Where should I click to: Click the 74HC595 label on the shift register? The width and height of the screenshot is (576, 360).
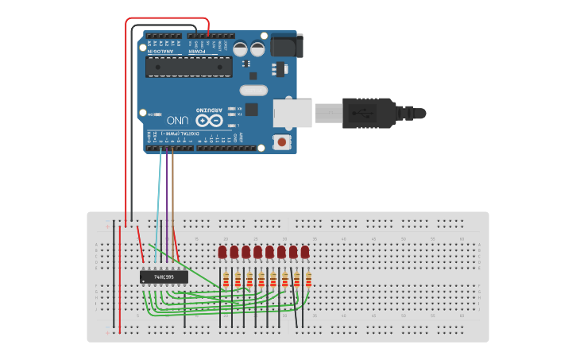tap(164, 277)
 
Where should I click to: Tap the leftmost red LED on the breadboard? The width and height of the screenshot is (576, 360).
tap(222, 252)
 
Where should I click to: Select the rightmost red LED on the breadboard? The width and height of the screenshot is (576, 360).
tap(305, 252)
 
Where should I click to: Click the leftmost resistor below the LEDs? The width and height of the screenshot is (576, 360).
tap(226, 280)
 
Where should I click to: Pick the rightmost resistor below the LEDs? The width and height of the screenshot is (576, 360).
tap(308, 280)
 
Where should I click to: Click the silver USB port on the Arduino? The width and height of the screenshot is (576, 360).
tap(292, 113)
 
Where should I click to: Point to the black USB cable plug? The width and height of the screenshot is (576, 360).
tap(368, 113)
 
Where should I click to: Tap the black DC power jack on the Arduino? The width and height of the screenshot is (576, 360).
tap(286, 45)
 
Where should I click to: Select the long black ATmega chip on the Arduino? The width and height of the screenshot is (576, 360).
tap(189, 67)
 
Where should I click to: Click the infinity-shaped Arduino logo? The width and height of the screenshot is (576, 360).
tap(209, 120)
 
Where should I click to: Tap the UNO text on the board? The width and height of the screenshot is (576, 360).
tap(179, 120)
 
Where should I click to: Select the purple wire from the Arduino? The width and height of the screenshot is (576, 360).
tap(167, 191)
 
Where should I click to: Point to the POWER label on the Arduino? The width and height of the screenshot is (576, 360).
tap(197, 51)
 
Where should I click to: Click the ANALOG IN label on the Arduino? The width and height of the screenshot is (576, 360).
tap(161, 51)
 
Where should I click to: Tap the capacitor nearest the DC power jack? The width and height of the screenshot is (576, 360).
tap(258, 49)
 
